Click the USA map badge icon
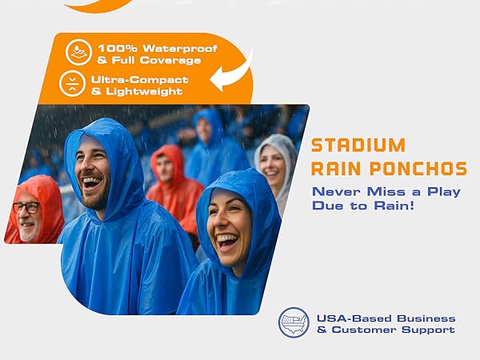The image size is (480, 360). tap(294, 322)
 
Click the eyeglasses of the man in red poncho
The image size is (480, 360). tap(26, 207)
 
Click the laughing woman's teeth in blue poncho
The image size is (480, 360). tap(226, 238)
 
